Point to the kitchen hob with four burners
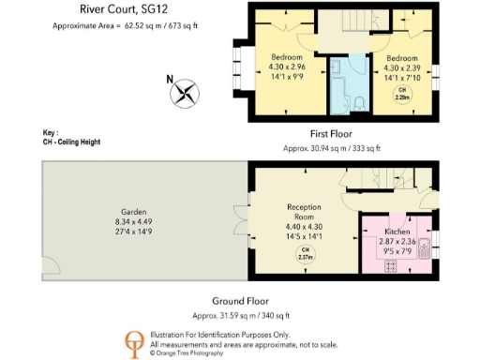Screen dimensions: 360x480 pos(391,264)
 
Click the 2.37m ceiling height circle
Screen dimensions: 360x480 pos(304,256)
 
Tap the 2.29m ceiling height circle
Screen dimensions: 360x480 pos(404,95)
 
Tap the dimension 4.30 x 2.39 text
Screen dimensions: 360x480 pos(404,68)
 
